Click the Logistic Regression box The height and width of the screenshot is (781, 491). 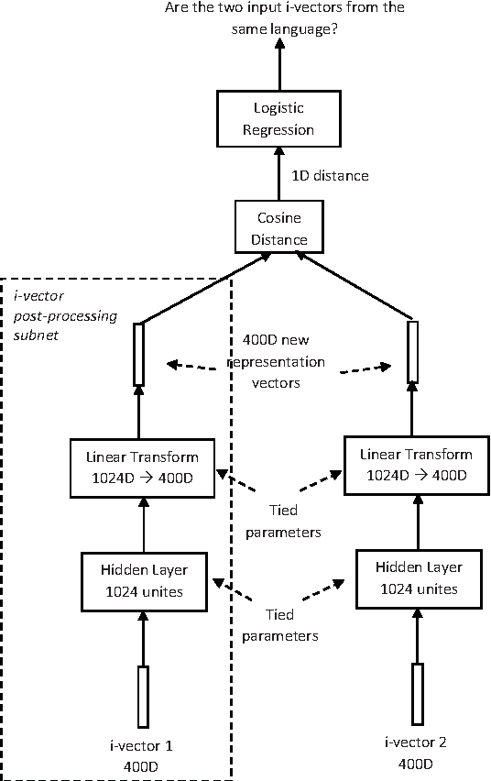[x=278, y=119]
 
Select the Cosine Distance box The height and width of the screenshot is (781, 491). [x=278, y=229]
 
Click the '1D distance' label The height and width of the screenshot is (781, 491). [x=331, y=175]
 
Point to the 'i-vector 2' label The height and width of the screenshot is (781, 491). [x=416, y=743]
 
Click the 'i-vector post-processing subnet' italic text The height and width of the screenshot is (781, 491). [x=52, y=316]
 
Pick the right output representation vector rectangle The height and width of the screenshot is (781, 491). [x=412, y=351]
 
